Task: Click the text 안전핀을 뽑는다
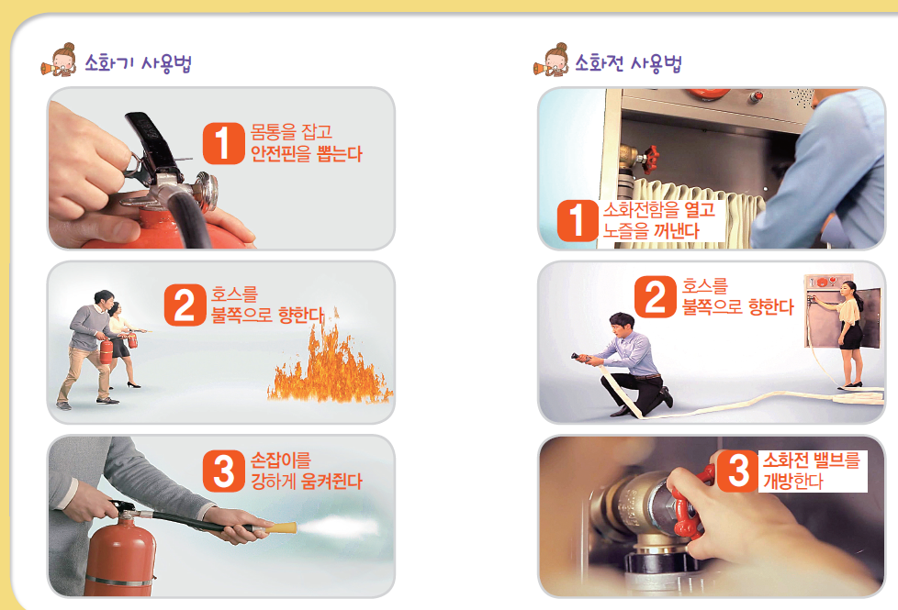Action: point(306,154)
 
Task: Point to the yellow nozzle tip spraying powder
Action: point(281,528)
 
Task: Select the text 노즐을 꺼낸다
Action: point(650,231)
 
